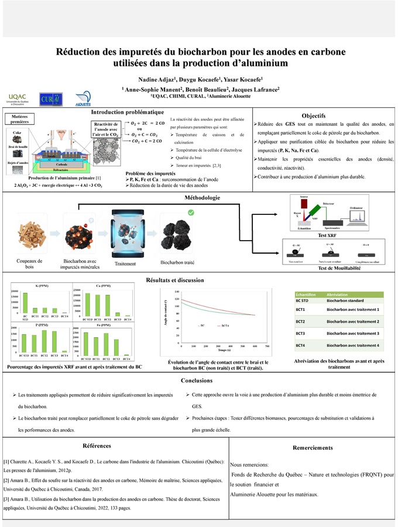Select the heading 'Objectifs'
click(x=321, y=115)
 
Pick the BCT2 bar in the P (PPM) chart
click(x=46, y=341)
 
